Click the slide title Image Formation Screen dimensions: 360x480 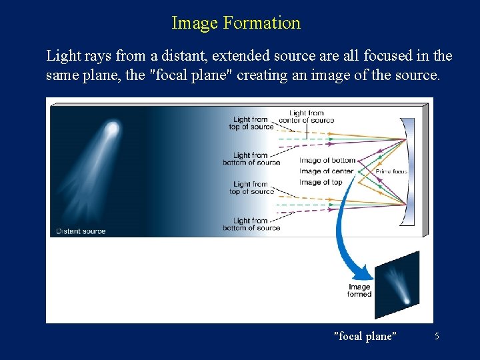coord(236,23)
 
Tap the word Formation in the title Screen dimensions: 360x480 coord(262,23)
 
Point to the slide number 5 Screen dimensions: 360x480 coord(437,336)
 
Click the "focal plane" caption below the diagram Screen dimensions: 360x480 coord(365,336)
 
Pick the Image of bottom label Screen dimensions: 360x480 coord(327,161)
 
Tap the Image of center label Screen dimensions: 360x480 coord(326,171)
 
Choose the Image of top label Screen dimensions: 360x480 coord(321,182)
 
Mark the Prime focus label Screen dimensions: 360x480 coord(392,172)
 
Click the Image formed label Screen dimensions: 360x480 coord(359,291)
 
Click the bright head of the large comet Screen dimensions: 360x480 coord(113,128)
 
